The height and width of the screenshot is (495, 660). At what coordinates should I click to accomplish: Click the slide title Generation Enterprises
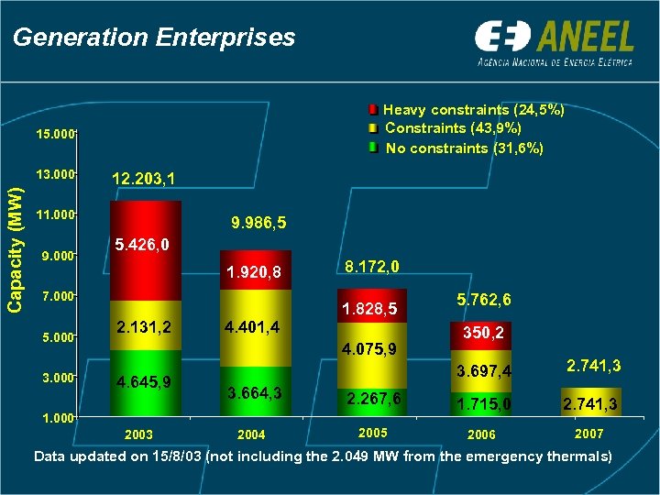pos(154,38)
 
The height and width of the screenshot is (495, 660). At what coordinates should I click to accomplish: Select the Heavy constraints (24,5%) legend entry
pos(473,110)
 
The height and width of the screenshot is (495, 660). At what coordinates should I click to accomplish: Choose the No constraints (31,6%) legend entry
pos(464,148)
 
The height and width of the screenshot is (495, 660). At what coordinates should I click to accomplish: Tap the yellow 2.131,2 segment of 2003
pos(146,325)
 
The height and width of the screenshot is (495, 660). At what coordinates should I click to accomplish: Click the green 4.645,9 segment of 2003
pos(146,381)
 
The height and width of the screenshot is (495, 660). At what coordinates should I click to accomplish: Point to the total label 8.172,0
pos(371,268)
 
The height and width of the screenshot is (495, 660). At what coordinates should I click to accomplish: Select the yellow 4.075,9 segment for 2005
pos(370,349)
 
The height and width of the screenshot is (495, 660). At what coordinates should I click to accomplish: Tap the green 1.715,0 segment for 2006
pos(483,403)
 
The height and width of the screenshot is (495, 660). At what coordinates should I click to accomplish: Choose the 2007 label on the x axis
pos(588,433)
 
